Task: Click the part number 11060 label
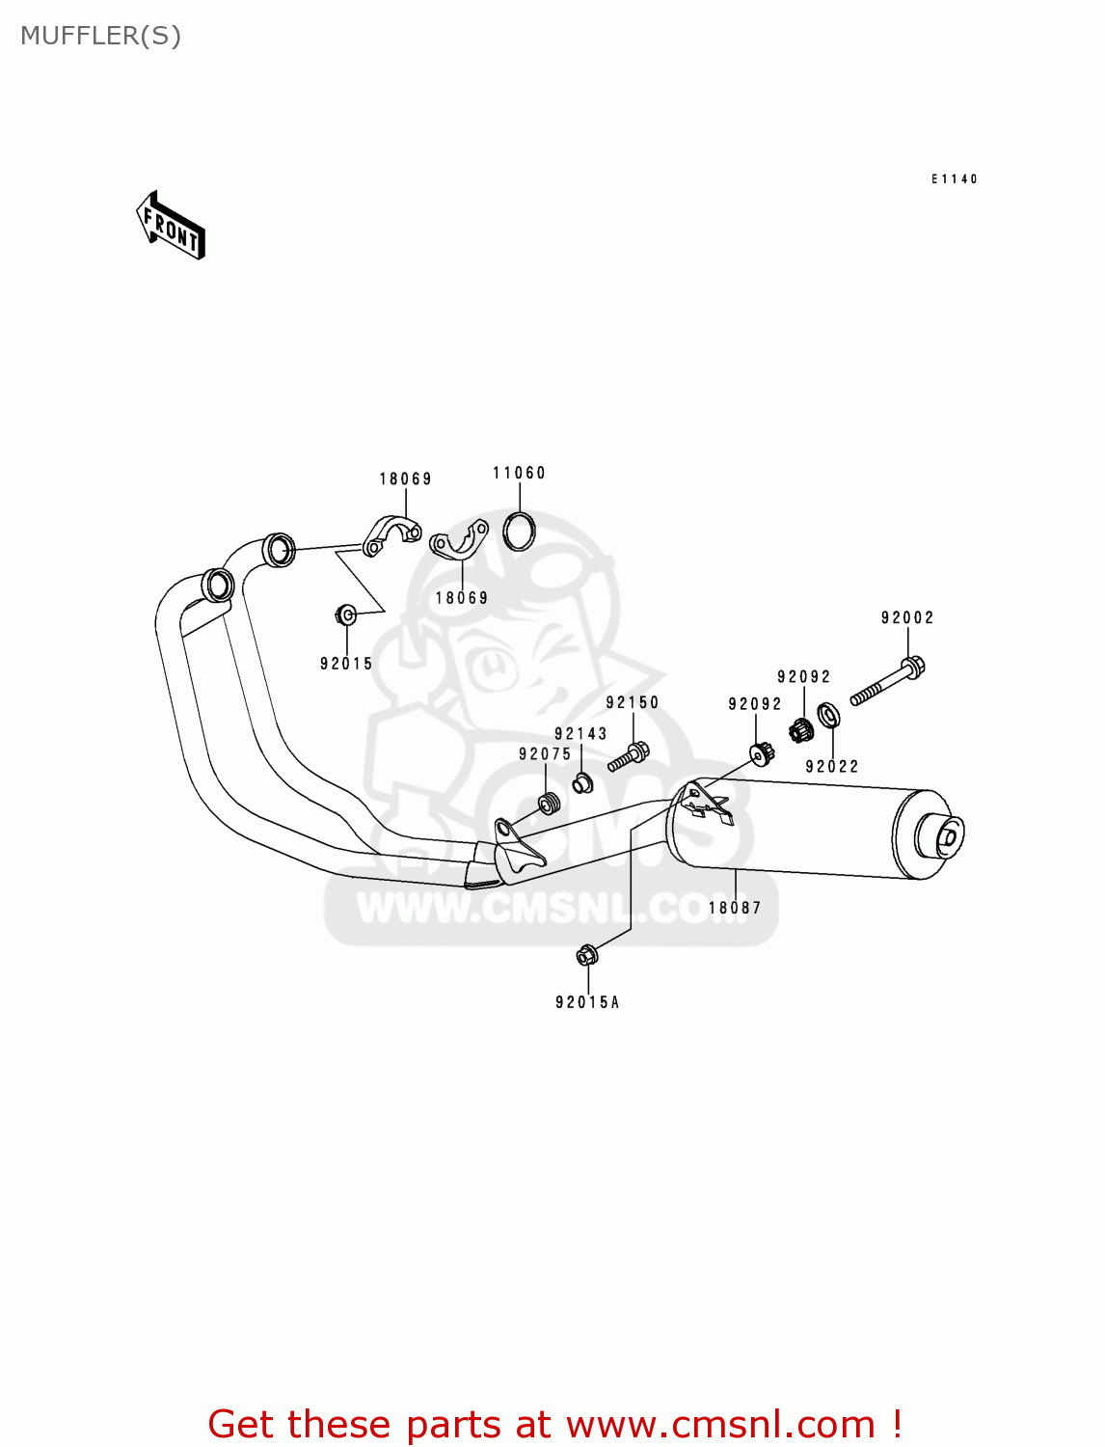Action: [x=519, y=473]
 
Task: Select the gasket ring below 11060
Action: [x=519, y=531]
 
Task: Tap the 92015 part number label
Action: [x=346, y=664]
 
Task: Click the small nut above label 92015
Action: [x=346, y=614]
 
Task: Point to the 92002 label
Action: [x=907, y=617]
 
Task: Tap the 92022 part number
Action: [x=832, y=767]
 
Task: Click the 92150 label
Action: [x=633, y=702]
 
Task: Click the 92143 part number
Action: [x=580, y=733]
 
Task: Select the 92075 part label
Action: [x=545, y=754]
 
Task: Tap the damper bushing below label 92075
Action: [x=548, y=803]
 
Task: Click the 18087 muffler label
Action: [x=735, y=908]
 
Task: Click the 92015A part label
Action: [x=587, y=1002]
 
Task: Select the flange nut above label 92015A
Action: [x=587, y=955]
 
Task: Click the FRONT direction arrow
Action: [x=172, y=227]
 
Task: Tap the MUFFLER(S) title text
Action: [x=100, y=36]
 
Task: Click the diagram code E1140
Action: [x=955, y=179]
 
